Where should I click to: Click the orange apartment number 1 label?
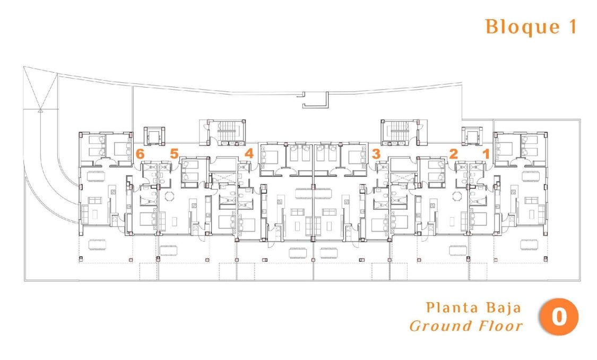click(485, 154)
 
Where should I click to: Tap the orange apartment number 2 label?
click(453, 154)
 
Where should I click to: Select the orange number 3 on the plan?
click(376, 154)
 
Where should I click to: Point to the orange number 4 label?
click(249, 154)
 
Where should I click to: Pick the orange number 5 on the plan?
click(174, 154)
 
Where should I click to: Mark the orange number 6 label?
click(140, 154)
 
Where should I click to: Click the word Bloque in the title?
click(513, 27)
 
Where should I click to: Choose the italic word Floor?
click(502, 325)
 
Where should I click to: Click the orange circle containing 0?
click(559, 318)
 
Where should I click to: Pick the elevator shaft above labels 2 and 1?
click(472, 137)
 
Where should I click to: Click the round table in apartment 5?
click(169, 196)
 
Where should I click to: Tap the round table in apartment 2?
click(457, 196)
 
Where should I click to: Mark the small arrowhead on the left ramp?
click(40, 111)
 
